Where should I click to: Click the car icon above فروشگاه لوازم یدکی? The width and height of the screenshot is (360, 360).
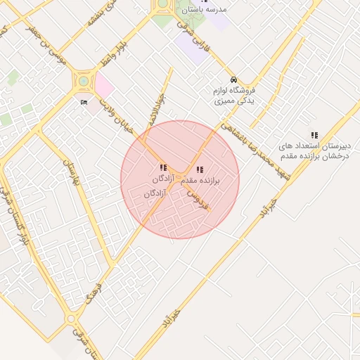[x=233, y=79]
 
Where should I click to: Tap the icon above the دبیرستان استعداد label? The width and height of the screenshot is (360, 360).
[x=314, y=135]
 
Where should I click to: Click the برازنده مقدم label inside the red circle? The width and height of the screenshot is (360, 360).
[x=200, y=181]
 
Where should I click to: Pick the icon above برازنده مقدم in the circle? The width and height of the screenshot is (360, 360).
[x=200, y=169]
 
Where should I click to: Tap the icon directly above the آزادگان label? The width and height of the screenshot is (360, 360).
[x=163, y=168]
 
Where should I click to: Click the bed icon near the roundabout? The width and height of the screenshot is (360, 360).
[x=84, y=103]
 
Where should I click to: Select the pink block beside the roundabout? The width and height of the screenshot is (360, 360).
[x=103, y=86]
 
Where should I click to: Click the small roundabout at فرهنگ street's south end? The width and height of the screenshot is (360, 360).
[x=72, y=320]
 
